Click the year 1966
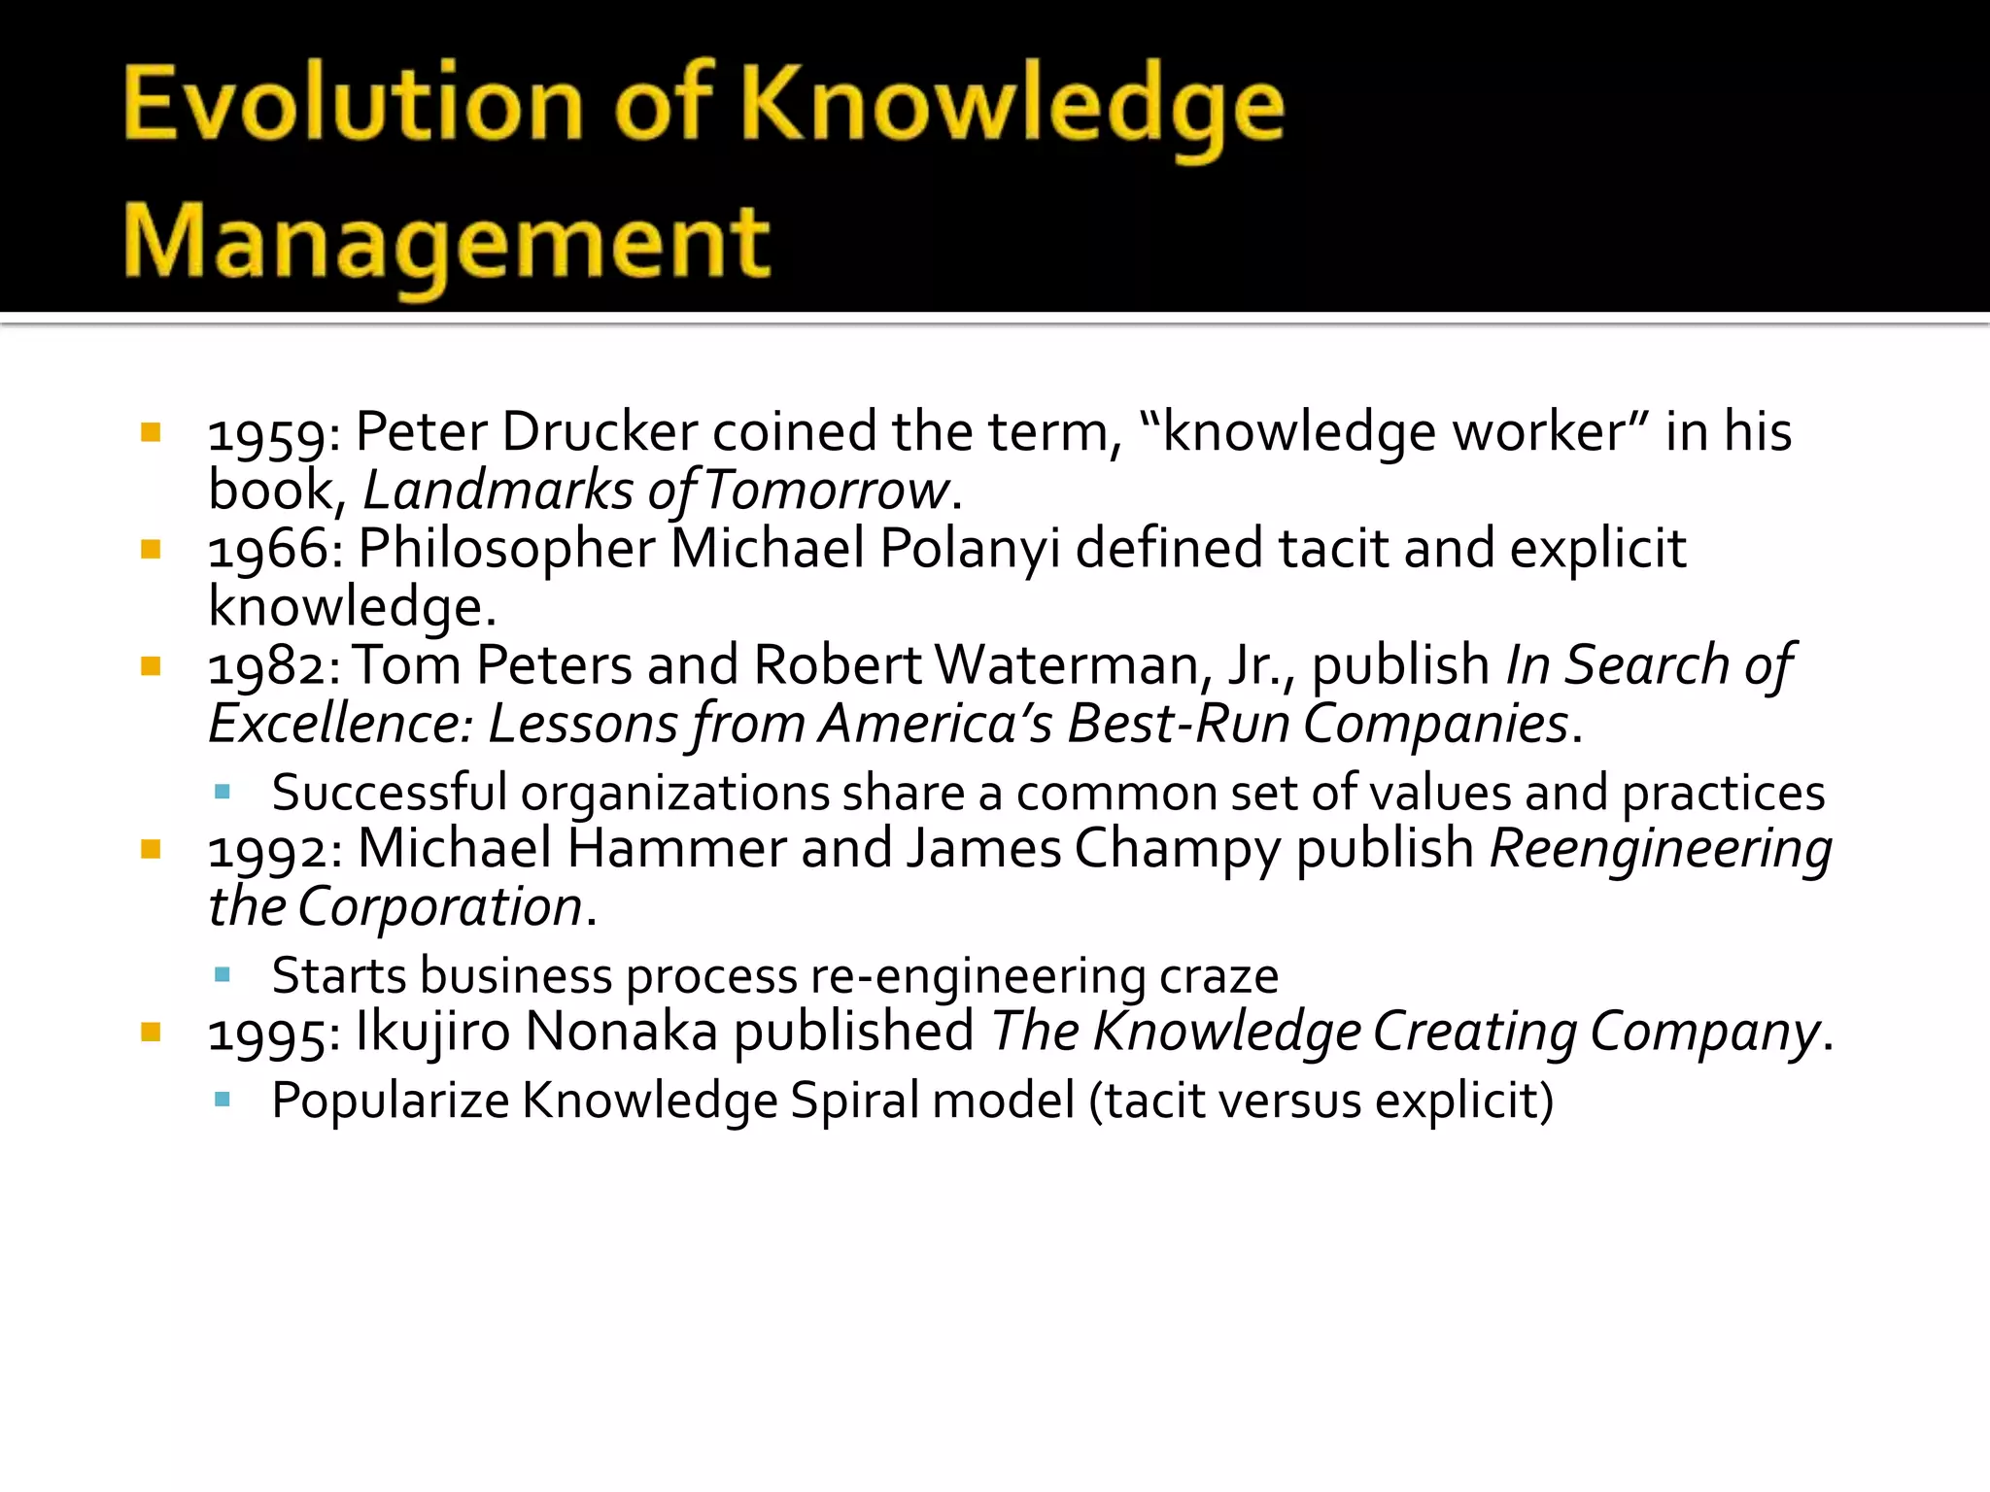269,550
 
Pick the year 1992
269,850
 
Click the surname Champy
1178,850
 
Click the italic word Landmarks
497,491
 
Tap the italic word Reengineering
1661,850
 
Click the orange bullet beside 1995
151,1032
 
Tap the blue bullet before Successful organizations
223,792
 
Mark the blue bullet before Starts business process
223,974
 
